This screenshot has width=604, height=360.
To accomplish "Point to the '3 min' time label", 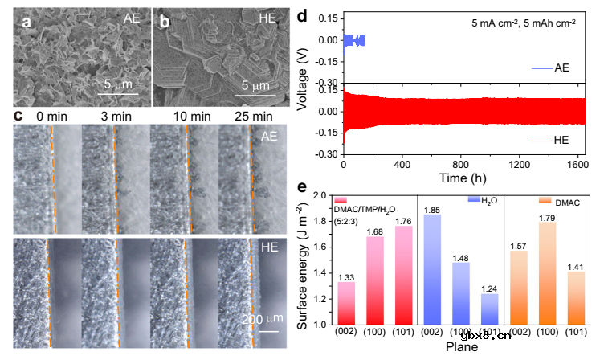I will coord(116,117).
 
